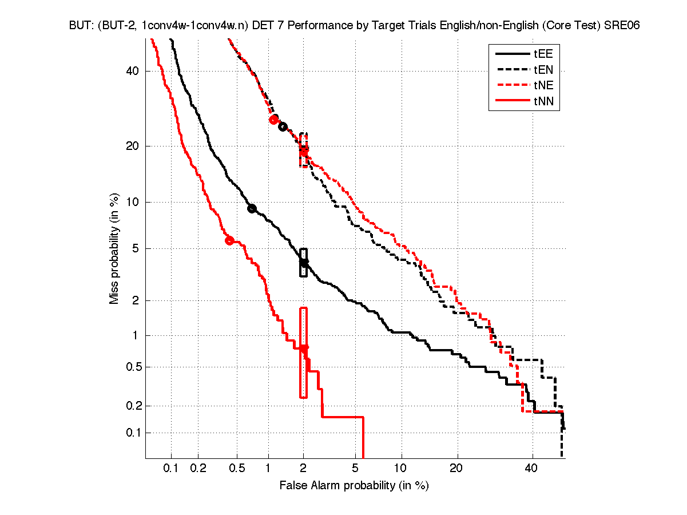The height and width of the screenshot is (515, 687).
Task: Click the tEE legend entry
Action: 543,54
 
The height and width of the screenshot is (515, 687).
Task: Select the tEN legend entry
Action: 543,70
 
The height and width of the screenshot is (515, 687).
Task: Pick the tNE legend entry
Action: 543,86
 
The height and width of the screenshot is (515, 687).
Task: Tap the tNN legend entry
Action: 543,102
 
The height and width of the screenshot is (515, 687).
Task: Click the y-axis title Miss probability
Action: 114,248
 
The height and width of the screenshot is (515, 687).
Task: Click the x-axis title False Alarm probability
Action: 354,486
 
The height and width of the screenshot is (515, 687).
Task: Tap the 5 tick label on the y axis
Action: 136,248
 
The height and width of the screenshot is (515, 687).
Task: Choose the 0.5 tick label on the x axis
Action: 236,469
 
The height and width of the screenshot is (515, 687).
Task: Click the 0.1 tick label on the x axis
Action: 171,469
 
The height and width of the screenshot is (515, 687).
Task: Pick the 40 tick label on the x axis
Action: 532,469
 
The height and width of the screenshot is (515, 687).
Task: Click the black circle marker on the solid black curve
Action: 252,208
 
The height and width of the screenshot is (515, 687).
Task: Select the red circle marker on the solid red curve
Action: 230,240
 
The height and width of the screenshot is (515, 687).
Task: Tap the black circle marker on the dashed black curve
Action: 282,126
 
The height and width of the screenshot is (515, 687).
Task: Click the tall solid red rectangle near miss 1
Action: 303,352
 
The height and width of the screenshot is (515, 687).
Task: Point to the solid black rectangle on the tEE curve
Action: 304,263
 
